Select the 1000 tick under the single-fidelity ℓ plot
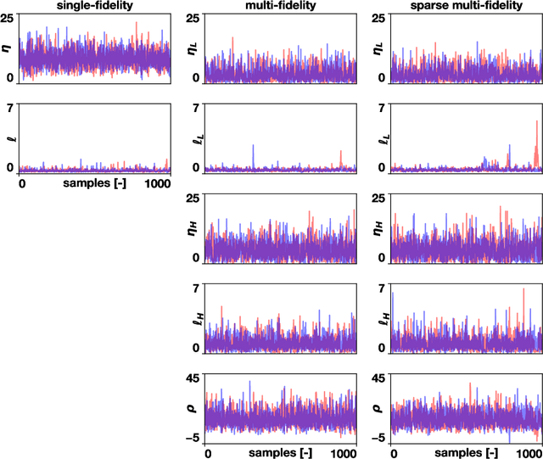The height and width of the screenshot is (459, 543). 158,183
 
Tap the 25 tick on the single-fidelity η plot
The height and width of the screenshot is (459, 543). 8,18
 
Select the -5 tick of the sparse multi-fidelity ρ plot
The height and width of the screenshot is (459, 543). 378,439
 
